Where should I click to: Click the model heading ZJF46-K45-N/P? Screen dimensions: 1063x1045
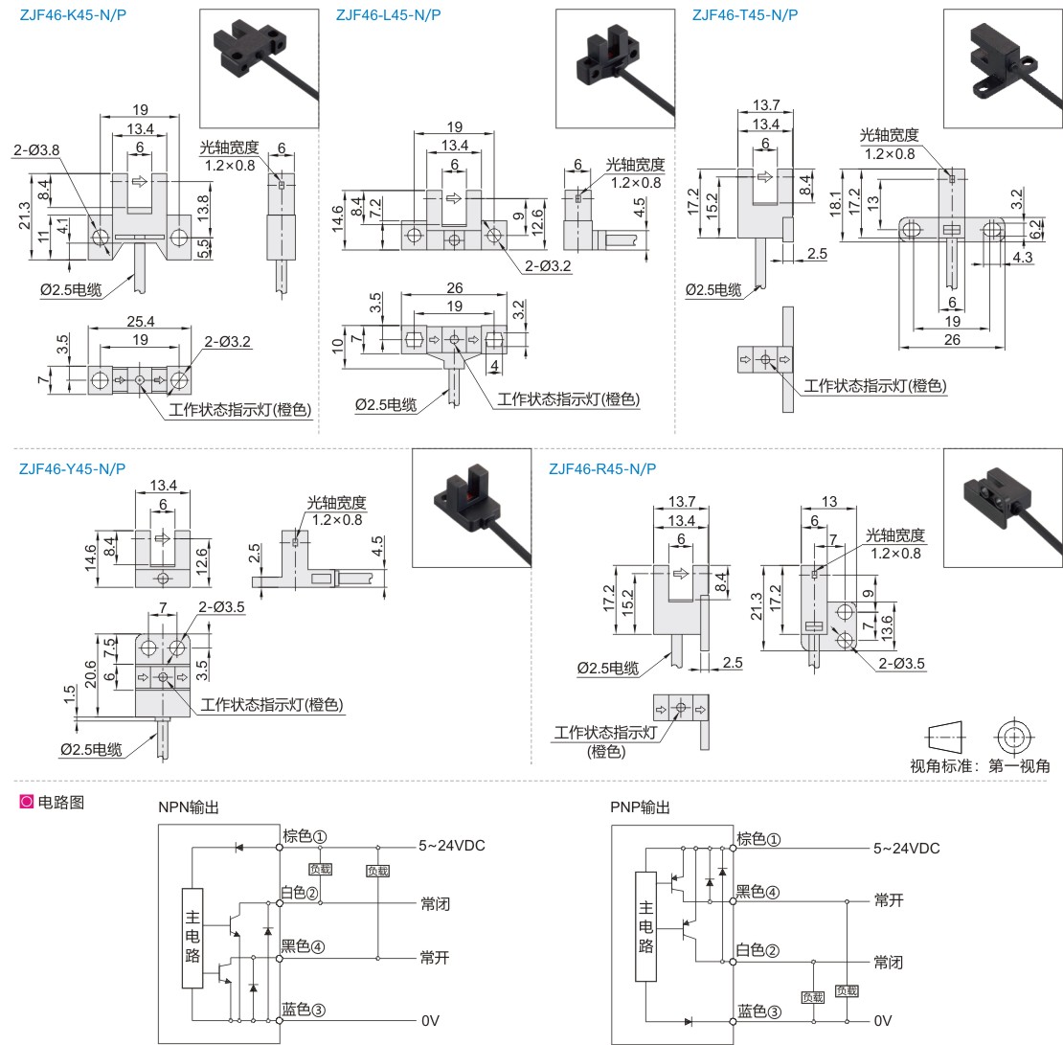point(73,15)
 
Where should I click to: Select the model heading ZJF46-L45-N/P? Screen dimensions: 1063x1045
point(389,15)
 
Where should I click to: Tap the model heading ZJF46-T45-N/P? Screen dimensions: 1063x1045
point(745,15)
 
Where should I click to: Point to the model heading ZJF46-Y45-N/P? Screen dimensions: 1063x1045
point(73,468)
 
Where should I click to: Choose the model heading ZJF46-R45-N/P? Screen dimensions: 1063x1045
point(602,468)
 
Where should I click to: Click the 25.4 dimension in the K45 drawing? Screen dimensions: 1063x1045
point(141,322)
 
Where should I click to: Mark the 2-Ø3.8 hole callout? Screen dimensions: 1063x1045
point(36,149)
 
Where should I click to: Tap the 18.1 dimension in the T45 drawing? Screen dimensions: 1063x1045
point(835,203)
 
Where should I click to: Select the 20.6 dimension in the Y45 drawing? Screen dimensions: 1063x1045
point(90,674)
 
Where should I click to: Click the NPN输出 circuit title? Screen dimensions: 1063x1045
point(189,806)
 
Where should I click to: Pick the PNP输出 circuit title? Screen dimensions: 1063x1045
point(640,806)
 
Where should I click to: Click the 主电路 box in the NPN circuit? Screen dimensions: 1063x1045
point(192,938)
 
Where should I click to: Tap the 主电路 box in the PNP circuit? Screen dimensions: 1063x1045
point(645,926)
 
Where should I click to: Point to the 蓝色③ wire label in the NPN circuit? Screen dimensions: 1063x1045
point(304,1009)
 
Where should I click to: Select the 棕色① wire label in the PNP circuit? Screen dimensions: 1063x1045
point(758,839)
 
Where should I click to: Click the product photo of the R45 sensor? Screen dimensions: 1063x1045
point(1003,508)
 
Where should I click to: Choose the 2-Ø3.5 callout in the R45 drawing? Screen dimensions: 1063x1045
point(902,663)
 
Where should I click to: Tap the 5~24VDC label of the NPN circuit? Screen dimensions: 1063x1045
point(451,845)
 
